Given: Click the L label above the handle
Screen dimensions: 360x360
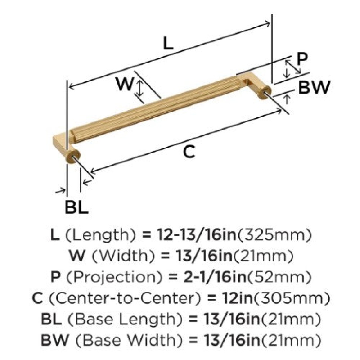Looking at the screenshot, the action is coord(168,43).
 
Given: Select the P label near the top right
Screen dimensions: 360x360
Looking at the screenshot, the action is coord(302,59).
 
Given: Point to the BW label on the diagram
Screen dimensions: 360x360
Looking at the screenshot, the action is coord(314,87).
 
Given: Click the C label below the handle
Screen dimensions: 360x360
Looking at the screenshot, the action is coord(189,152).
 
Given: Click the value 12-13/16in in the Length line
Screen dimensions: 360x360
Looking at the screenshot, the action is coord(197,235).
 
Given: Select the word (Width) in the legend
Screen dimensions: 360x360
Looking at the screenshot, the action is coord(123,256).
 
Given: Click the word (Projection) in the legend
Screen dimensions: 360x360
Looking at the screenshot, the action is coord(114,277).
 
